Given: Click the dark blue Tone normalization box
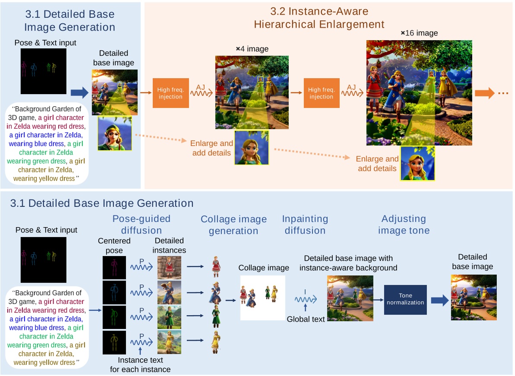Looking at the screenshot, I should click(405, 299).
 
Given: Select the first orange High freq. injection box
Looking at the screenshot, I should click(171, 93).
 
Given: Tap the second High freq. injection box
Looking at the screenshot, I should click(321, 93).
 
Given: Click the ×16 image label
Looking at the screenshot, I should click(419, 33).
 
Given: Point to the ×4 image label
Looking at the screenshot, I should click(252, 49).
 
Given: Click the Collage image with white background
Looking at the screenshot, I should click(263, 298).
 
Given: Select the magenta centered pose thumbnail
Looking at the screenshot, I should click(114, 268).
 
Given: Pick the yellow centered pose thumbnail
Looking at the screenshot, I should click(114, 342).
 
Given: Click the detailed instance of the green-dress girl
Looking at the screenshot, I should click(169, 317).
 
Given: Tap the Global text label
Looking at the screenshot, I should click(306, 319).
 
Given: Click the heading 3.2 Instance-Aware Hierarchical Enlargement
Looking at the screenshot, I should click(319, 18).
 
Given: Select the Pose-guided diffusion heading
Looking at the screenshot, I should click(142, 224).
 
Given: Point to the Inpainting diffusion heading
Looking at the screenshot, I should click(305, 224).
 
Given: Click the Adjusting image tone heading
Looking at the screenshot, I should click(404, 224).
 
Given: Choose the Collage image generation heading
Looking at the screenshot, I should click(234, 225).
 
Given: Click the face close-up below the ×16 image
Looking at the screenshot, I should click(417, 163).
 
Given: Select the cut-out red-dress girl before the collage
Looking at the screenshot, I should click(215, 266).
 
